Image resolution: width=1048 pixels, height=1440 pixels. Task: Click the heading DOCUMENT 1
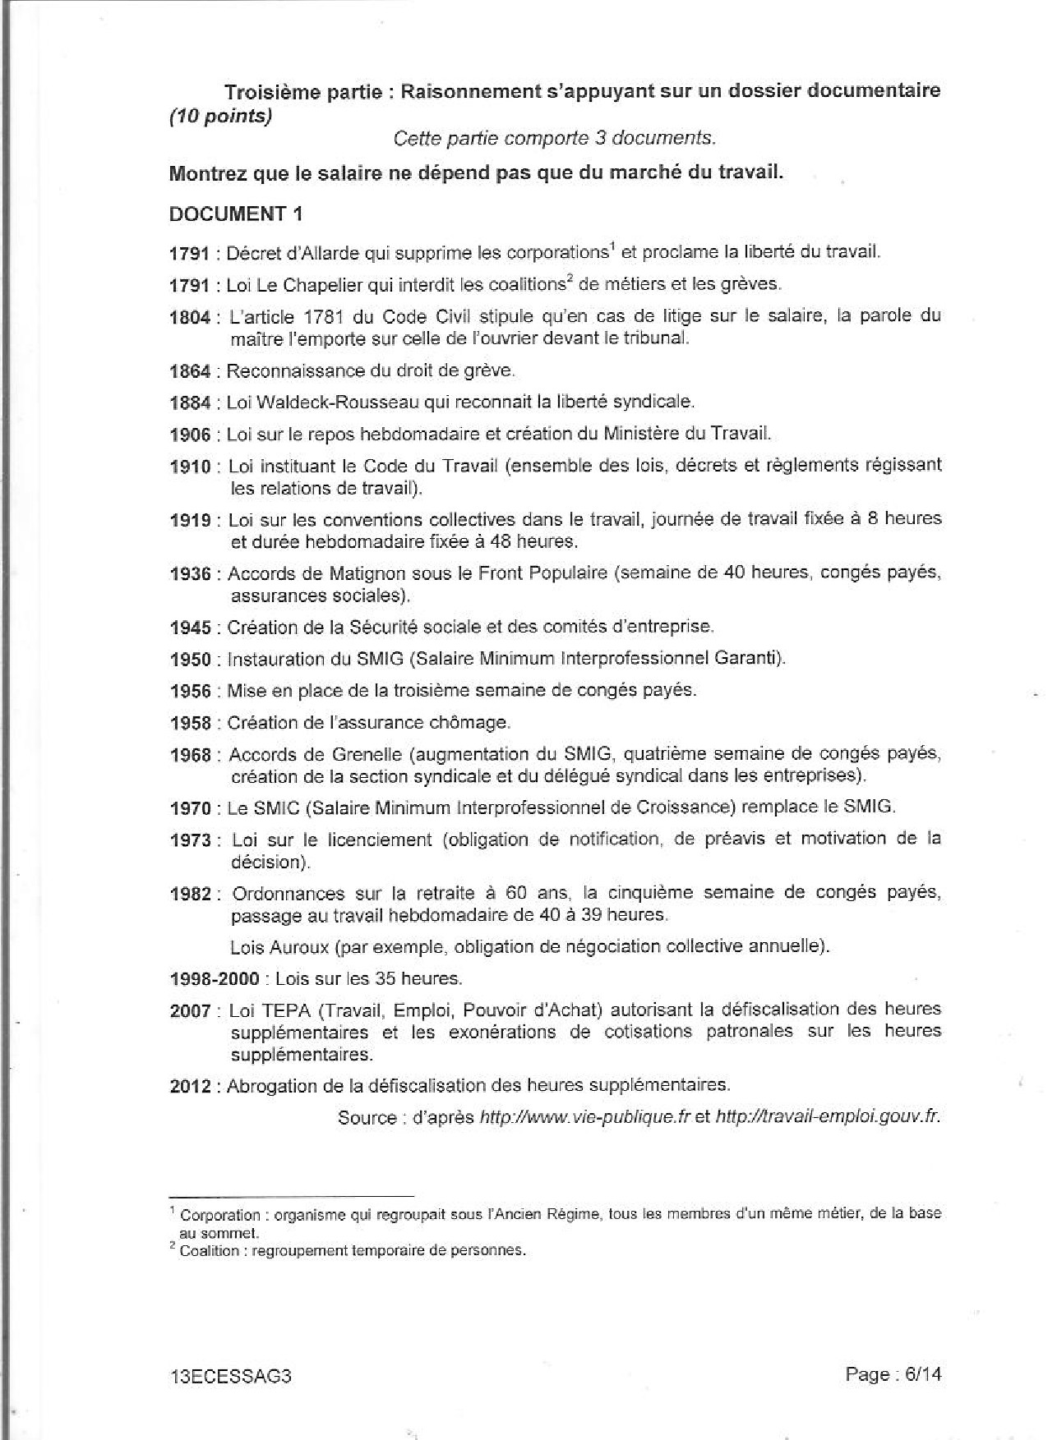point(235,214)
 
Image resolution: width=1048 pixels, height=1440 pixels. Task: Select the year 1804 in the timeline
point(190,317)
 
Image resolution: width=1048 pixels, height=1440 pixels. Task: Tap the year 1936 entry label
point(190,573)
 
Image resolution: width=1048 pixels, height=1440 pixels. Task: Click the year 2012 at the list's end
point(190,1086)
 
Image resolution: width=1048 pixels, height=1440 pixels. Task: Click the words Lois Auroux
point(279,947)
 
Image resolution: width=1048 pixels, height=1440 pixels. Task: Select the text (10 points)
point(219,117)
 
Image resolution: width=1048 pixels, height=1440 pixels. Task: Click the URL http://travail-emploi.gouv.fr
point(827,1117)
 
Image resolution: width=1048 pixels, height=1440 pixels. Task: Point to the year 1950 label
point(190,660)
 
